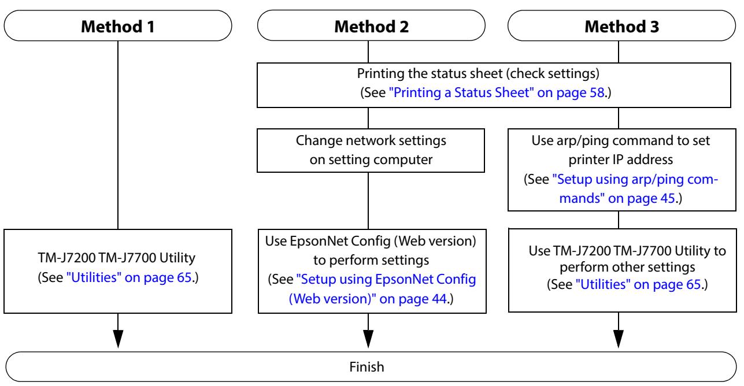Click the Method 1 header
[x=118, y=25]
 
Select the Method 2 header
[x=371, y=25]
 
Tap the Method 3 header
[x=621, y=25]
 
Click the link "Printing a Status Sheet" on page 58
[x=497, y=92]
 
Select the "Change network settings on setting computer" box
[x=371, y=150]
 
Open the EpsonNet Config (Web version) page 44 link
[x=382, y=289]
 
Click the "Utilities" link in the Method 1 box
[x=129, y=277]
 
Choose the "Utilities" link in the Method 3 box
[x=638, y=284]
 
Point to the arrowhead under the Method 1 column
[x=118, y=339]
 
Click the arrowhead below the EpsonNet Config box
[x=368, y=339]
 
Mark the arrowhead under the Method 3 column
[x=619, y=339]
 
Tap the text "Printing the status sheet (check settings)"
[x=478, y=73]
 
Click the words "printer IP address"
[x=620, y=159]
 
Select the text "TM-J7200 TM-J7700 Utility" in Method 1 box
[x=117, y=258]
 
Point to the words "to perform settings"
[x=371, y=260]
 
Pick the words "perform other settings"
[x=627, y=267]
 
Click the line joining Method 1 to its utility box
[x=118, y=135]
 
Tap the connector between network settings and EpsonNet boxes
[x=368, y=201]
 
